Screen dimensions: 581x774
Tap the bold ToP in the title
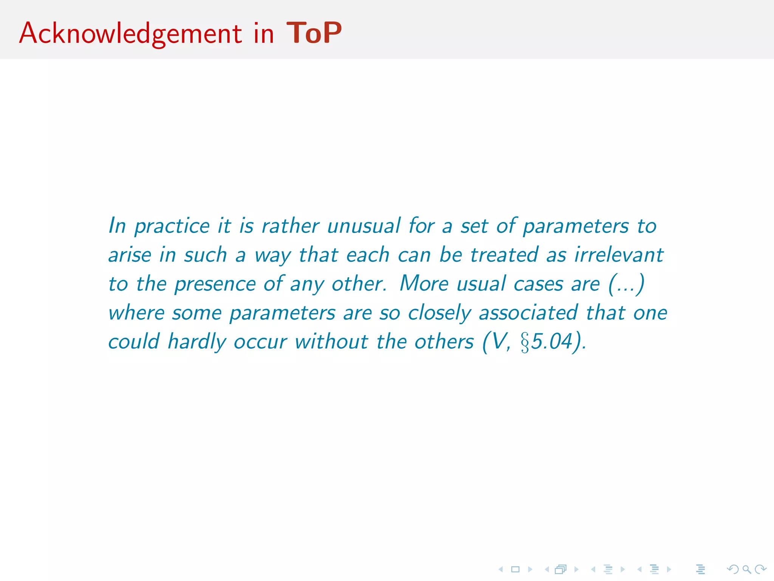(314, 33)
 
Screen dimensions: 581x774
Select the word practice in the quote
(172, 227)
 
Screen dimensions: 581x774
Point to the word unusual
(364, 227)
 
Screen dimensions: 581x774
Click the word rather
(290, 227)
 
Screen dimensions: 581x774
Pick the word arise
(130, 255)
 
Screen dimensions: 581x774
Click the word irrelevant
(619, 255)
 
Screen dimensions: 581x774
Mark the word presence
(215, 284)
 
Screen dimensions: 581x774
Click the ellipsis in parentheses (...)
(626, 284)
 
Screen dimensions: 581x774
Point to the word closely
(440, 313)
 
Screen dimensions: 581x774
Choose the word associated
(528, 312)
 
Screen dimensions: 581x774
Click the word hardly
(197, 342)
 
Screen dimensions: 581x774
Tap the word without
(331, 342)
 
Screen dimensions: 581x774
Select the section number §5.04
(546, 342)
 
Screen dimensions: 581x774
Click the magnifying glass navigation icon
(746, 569)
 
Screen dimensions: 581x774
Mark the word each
(368, 255)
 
